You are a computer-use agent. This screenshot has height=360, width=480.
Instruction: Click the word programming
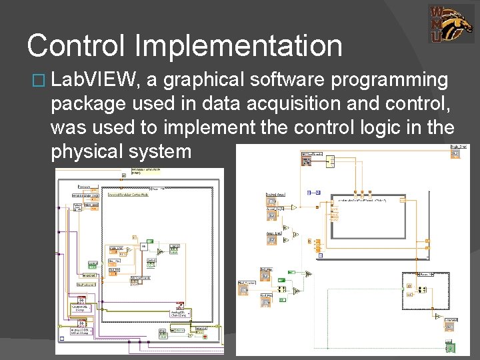[x=389, y=81]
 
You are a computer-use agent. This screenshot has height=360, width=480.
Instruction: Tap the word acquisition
[x=297, y=104]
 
